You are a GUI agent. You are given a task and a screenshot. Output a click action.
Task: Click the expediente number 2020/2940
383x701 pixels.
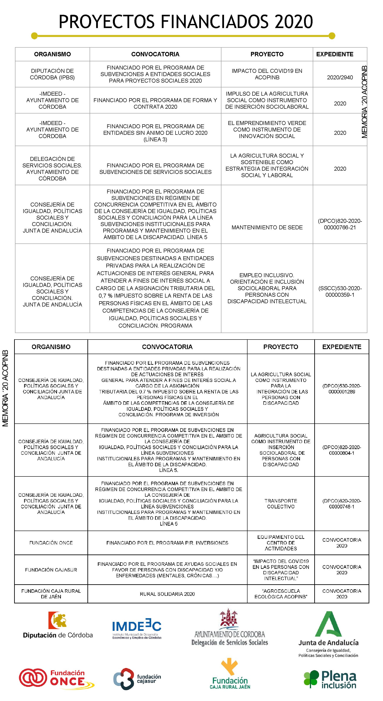tap(340, 77)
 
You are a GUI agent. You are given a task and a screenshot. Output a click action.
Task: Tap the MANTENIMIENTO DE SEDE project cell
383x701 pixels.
tap(267, 227)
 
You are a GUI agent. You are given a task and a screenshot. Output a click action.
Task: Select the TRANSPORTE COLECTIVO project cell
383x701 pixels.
tap(281, 503)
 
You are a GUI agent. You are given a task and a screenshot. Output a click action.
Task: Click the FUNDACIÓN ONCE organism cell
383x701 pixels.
tap(51, 543)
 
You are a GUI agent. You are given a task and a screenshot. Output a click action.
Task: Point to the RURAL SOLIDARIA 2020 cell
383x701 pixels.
tap(167, 594)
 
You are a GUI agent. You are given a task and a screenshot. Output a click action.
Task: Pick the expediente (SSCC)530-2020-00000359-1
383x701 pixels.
tap(340, 291)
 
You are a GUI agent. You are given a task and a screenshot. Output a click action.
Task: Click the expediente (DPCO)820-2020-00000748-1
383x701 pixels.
tap(342, 503)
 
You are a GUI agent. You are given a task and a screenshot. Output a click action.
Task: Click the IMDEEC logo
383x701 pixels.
tap(137, 628)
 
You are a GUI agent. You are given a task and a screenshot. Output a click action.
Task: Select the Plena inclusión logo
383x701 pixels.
tap(330, 679)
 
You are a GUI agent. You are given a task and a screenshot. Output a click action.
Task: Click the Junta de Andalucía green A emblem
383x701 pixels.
tap(328, 624)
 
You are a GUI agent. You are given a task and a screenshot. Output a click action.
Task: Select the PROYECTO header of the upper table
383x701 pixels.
tap(267, 54)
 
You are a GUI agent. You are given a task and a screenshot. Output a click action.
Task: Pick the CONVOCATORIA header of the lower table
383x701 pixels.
tap(167, 347)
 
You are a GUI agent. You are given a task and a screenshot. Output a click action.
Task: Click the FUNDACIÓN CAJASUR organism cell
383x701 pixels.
tap(51, 569)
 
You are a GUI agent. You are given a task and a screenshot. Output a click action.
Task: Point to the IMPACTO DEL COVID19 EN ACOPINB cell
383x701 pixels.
tap(267, 74)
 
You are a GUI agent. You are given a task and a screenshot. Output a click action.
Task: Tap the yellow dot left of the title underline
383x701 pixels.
tap(34, 36)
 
